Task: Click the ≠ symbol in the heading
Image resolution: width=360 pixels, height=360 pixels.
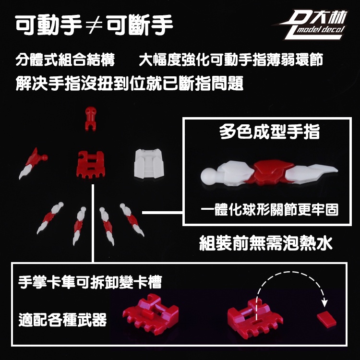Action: [95, 26]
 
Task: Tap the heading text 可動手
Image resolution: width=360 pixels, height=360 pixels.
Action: [48, 25]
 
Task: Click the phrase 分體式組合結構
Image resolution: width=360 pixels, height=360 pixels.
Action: [65, 60]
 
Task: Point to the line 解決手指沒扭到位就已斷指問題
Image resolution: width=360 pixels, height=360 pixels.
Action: [130, 83]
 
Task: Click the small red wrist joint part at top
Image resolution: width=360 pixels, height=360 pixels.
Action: [91, 119]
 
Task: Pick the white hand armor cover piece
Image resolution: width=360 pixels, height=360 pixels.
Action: [149, 164]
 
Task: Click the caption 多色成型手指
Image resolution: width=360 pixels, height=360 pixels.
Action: [269, 132]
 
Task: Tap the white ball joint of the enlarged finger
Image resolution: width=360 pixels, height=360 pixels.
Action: [208, 175]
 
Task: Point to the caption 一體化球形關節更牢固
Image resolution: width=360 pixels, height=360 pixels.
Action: [270, 209]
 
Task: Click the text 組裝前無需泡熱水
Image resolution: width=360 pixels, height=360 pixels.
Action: [266, 243]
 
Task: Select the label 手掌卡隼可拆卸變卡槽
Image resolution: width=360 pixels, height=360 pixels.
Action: [90, 282]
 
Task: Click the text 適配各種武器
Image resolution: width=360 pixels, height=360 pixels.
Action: [63, 319]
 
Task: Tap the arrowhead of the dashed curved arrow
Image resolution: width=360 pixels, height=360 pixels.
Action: [324, 303]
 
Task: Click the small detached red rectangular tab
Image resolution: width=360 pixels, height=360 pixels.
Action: [326, 319]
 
